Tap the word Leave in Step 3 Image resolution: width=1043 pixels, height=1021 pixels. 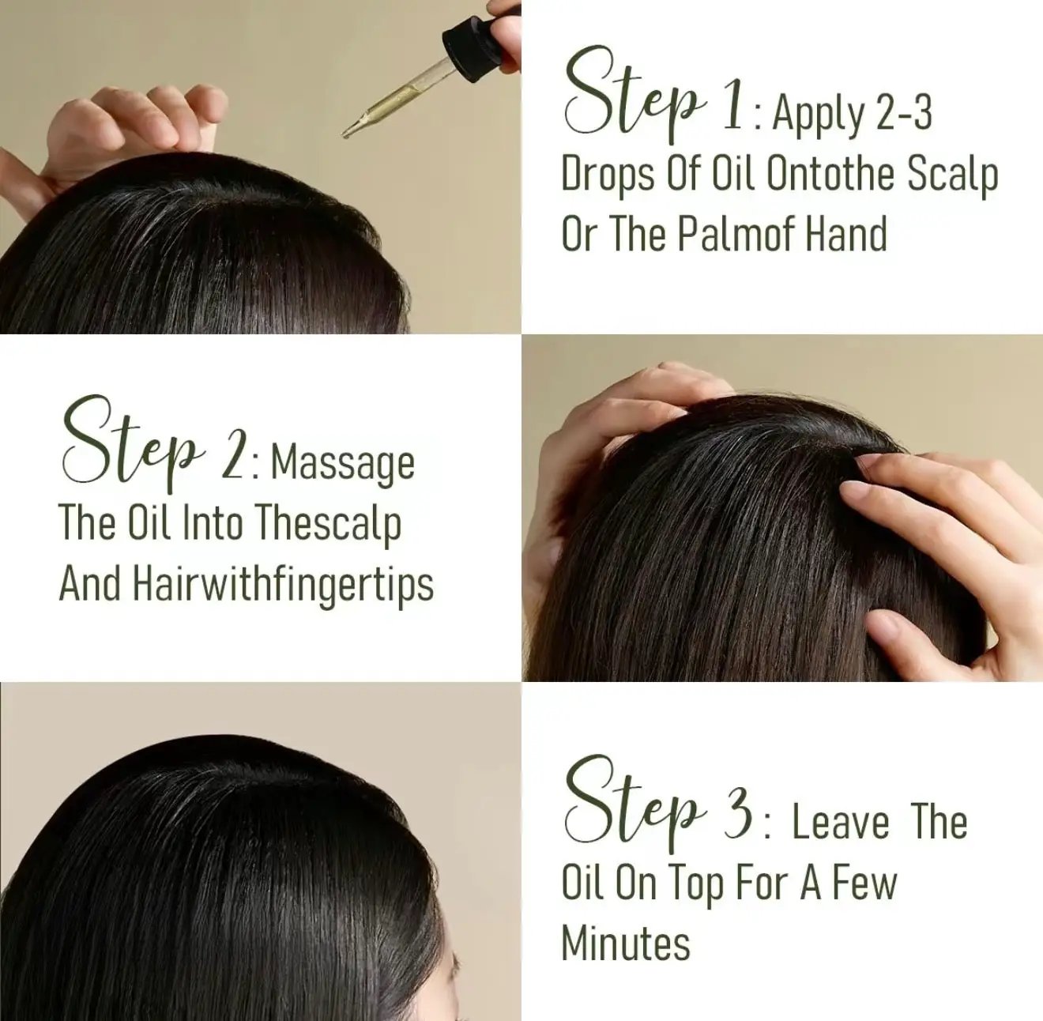[x=841, y=824]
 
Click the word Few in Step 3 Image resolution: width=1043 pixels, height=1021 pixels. [x=864, y=883]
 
